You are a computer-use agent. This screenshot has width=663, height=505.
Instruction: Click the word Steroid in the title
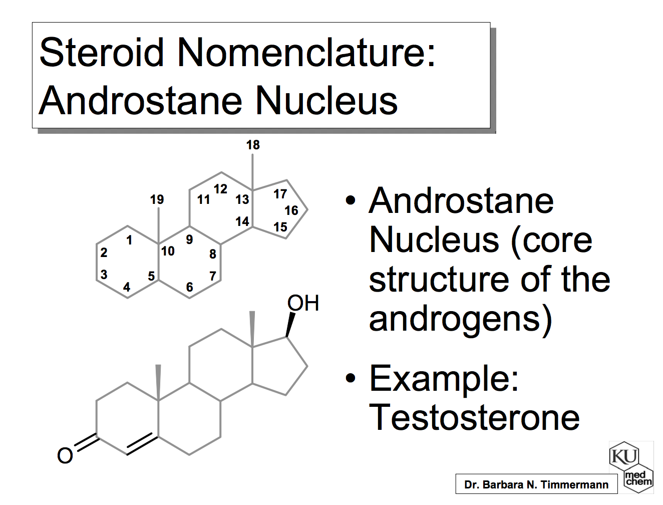point(102,52)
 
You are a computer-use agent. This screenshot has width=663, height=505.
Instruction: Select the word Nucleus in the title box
point(326,101)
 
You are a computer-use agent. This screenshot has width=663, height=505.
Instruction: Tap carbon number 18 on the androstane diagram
point(253,145)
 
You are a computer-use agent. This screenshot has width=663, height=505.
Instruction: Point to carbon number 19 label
point(157,199)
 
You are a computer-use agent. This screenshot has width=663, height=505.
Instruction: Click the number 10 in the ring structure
point(168,251)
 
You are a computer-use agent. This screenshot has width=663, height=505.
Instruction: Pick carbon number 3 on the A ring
point(104,275)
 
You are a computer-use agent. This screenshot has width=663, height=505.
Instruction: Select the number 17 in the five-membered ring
point(280,194)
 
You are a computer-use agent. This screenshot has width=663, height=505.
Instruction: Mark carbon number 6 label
point(189,287)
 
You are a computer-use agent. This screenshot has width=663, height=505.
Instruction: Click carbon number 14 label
point(242,221)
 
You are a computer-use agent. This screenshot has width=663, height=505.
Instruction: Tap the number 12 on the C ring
point(220,189)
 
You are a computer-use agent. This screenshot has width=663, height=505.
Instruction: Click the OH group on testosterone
point(303,303)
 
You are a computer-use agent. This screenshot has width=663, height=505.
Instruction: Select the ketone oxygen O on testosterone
point(65,455)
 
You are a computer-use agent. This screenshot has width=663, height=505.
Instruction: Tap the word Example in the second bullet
point(444,378)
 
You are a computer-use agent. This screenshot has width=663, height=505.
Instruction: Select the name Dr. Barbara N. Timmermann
point(536,484)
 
